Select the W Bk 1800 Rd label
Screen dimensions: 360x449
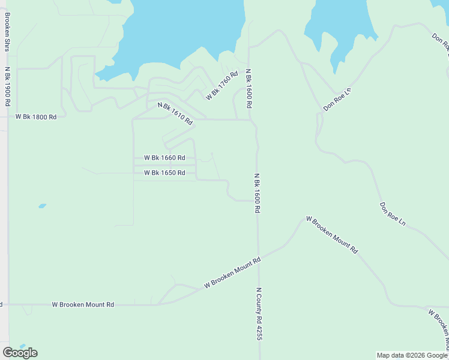[x=36, y=117]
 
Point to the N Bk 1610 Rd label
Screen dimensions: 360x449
[x=175, y=113]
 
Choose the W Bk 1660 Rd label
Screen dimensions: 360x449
[x=164, y=158]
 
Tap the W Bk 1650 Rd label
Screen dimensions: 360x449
[x=164, y=173]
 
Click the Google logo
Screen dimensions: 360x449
[x=20, y=353]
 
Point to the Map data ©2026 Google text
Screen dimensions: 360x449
[x=412, y=355]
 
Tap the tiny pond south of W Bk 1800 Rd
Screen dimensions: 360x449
[x=42, y=206]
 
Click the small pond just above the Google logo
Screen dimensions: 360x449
[x=22, y=346]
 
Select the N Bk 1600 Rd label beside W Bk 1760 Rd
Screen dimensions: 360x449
[x=249, y=88]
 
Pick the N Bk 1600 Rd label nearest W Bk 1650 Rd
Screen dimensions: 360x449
[x=257, y=193]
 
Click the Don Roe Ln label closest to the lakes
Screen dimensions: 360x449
[x=337, y=100]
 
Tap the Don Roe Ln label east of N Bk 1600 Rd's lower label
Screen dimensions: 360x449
[x=393, y=214]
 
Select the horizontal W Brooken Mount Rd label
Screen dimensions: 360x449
[x=83, y=305]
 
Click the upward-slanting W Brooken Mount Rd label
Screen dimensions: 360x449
[x=232, y=273]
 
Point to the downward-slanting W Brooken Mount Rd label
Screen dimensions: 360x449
[x=331, y=235]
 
